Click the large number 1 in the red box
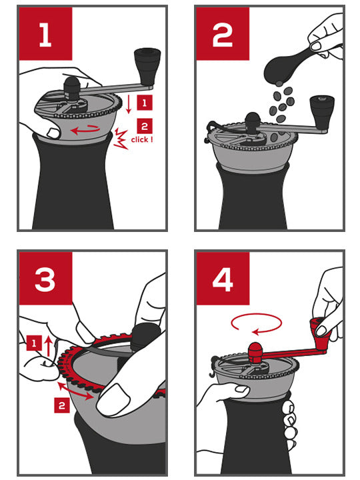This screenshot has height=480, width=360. (45, 35)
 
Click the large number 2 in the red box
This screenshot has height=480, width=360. (222, 35)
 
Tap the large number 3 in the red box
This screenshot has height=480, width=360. (45, 281)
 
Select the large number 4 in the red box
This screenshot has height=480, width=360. (222, 281)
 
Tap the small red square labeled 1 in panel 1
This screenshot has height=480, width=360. (142, 102)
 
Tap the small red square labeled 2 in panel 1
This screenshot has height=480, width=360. (142, 124)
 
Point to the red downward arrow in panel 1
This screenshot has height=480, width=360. (127, 104)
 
